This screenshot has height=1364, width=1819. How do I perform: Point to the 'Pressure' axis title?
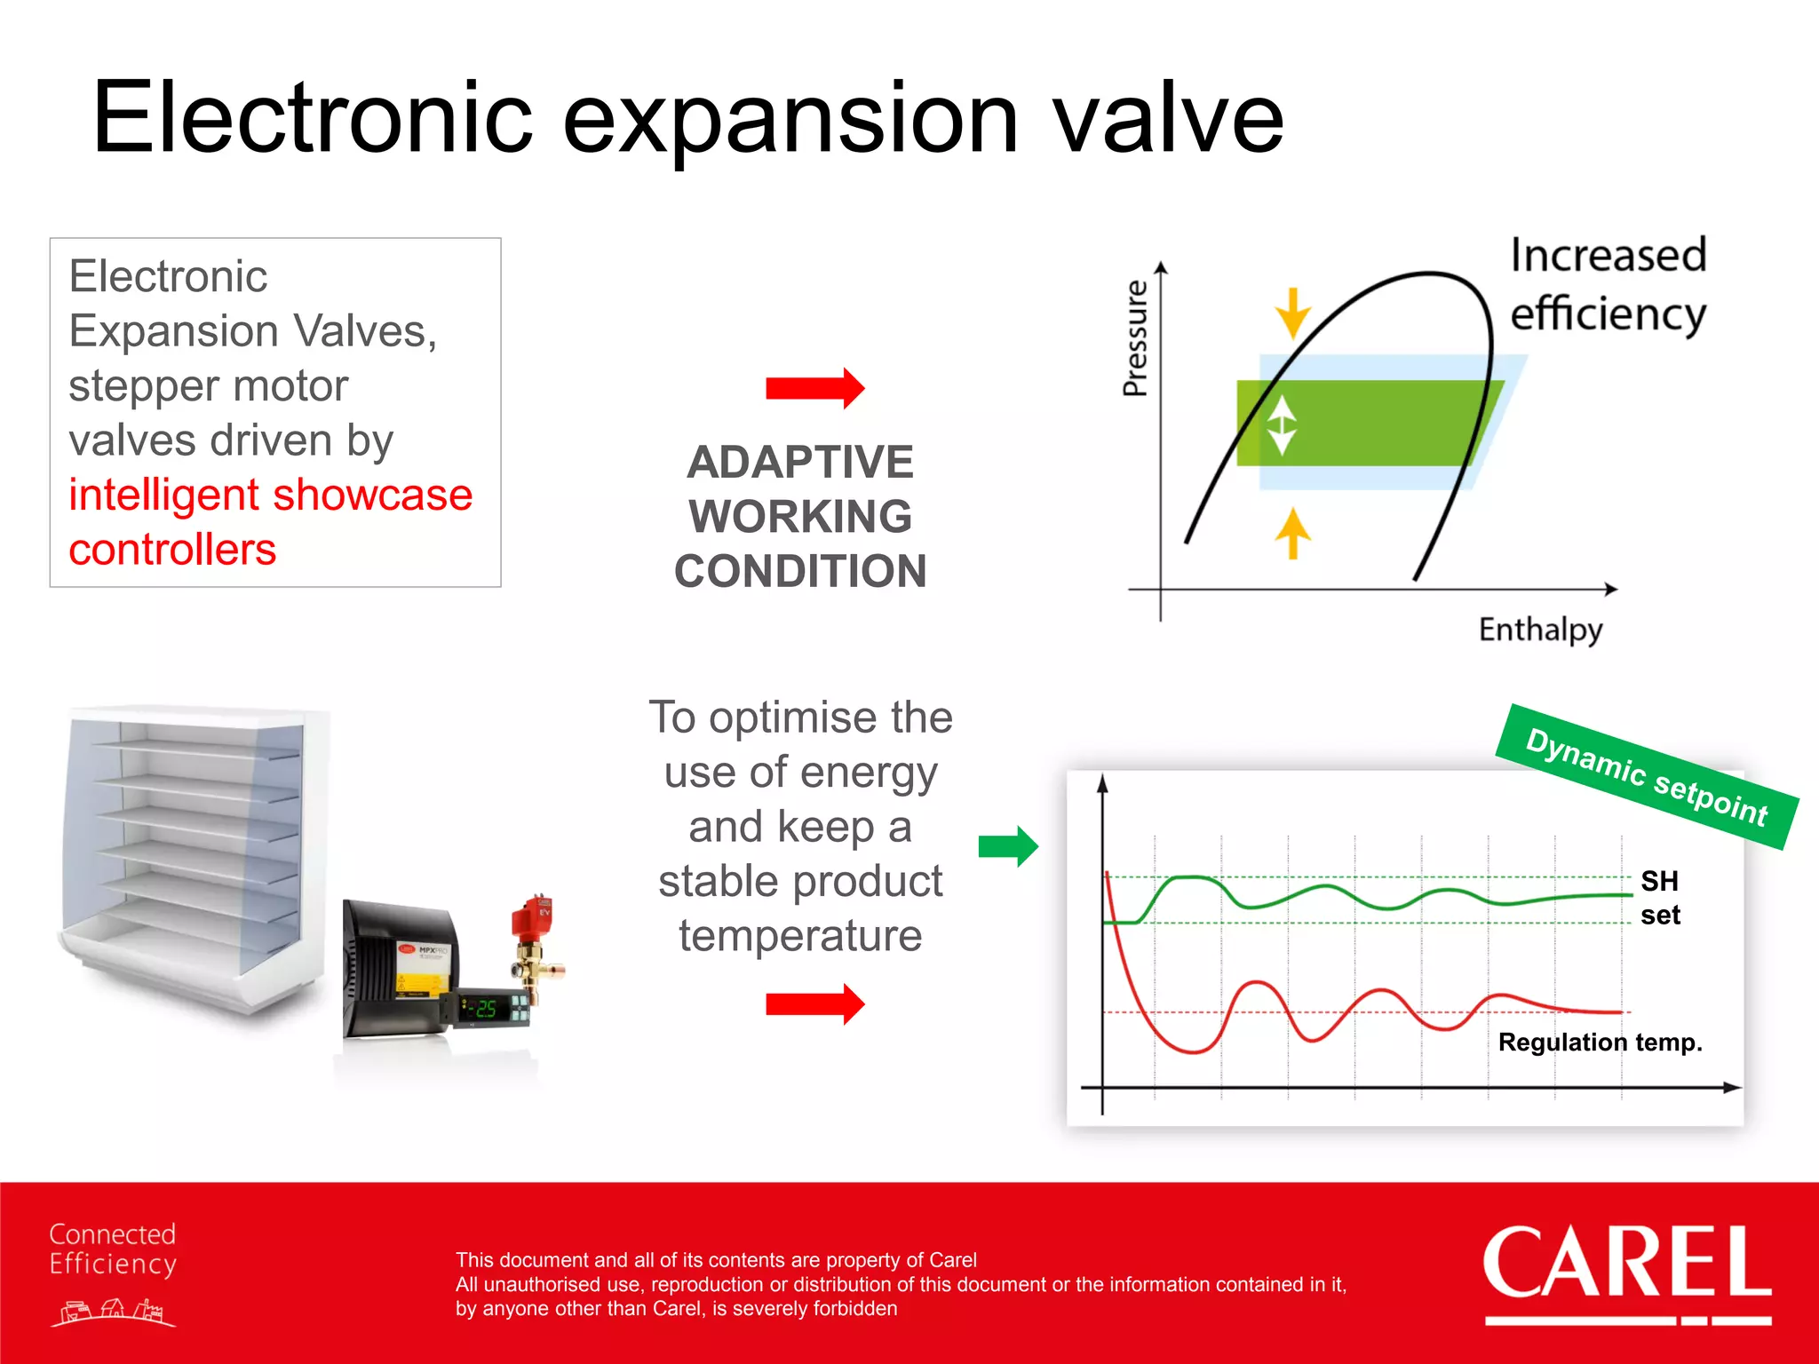click(1135, 338)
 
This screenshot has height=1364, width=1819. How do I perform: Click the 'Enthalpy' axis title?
click(1540, 630)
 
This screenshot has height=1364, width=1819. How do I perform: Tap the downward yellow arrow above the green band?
click(1292, 313)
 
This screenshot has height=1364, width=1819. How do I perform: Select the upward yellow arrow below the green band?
click(1292, 533)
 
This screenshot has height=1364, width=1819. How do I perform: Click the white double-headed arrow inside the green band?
click(1281, 424)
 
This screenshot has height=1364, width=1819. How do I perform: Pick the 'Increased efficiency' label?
click(1608, 284)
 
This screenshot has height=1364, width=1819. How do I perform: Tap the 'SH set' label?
click(1659, 898)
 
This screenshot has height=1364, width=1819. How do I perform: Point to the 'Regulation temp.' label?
click(1600, 1042)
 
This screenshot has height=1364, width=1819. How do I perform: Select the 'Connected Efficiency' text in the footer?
click(113, 1249)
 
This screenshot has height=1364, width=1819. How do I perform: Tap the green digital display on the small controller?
click(485, 1009)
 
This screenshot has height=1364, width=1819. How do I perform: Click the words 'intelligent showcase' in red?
click(270, 496)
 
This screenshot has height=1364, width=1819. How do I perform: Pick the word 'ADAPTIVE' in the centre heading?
click(799, 463)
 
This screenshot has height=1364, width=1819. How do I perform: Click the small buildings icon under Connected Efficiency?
click(113, 1312)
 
